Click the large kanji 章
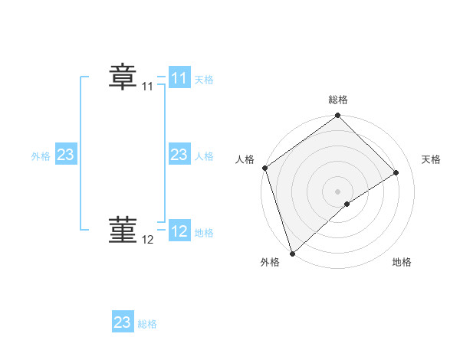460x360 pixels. click(123, 77)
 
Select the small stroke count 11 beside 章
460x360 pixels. click(148, 87)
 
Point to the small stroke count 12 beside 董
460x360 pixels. click(148, 240)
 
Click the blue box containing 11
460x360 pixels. click(179, 78)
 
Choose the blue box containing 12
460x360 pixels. click(179, 231)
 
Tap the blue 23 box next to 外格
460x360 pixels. click(66, 155)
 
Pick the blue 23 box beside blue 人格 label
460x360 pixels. click(179, 155)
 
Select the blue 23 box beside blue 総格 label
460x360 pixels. click(123, 322)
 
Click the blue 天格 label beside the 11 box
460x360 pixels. click(204, 80)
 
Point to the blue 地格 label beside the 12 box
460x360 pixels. click(204, 233)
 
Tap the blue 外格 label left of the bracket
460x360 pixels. click(41, 156)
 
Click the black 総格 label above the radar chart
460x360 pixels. click(337, 100)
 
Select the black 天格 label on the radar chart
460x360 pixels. click(431, 159)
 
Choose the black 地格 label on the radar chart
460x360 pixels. click(402, 263)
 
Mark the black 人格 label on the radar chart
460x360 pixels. click(245, 159)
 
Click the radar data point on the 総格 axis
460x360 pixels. click(337, 116)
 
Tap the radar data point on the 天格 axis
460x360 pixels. click(396, 172)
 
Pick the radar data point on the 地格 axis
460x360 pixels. click(347, 204)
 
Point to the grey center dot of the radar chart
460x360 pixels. click(337, 191)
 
